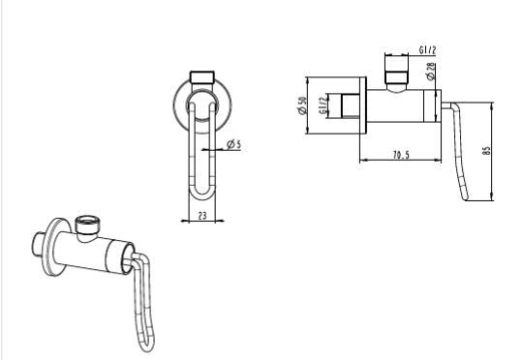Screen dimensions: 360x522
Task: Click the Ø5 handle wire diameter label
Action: tap(233, 144)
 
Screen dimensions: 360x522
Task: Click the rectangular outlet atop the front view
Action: tap(203, 75)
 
